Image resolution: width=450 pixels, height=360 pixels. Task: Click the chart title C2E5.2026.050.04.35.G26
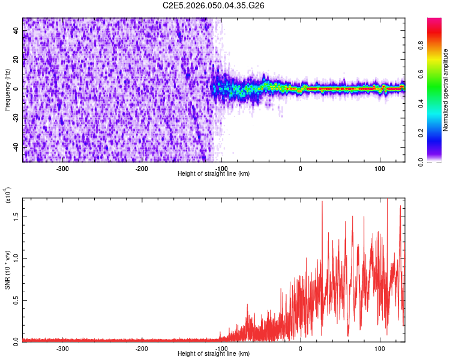(214, 5)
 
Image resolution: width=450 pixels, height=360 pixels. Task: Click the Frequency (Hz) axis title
(8, 89)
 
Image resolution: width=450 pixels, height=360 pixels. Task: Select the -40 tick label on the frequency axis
(16, 147)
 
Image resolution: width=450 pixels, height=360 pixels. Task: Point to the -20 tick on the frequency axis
(16, 118)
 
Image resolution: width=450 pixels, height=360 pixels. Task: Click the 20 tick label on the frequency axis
(16, 60)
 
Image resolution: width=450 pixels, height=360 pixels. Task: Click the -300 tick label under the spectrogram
(63, 169)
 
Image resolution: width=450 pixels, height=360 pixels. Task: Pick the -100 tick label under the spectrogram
(221, 169)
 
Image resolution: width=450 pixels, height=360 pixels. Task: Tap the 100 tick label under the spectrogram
(380, 169)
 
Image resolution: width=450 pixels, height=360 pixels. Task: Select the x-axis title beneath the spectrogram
(214, 174)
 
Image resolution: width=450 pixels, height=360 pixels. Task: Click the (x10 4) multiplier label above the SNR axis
(8, 196)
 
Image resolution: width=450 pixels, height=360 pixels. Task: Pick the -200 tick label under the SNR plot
(142, 348)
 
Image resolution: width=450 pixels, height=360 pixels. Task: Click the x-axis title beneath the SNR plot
(214, 354)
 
